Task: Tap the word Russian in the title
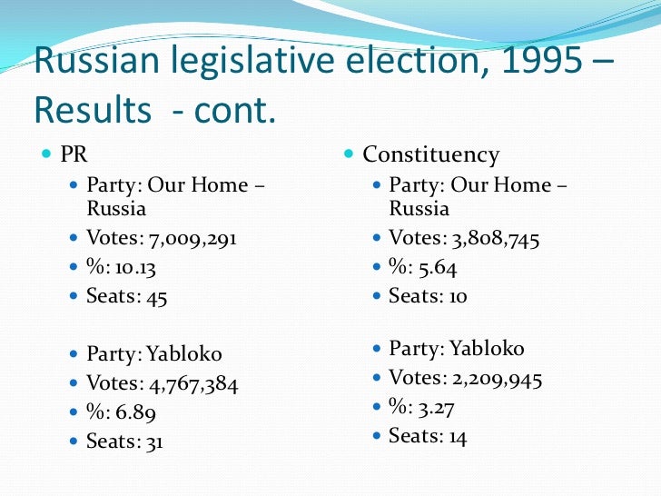[94, 62]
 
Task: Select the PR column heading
[74, 154]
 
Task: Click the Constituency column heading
[430, 154]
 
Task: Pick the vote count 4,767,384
[186, 383]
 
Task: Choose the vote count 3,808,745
[488, 239]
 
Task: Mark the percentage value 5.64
[436, 268]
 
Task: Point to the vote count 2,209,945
[489, 378]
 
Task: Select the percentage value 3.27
[436, 407]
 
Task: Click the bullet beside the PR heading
[46, 154]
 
